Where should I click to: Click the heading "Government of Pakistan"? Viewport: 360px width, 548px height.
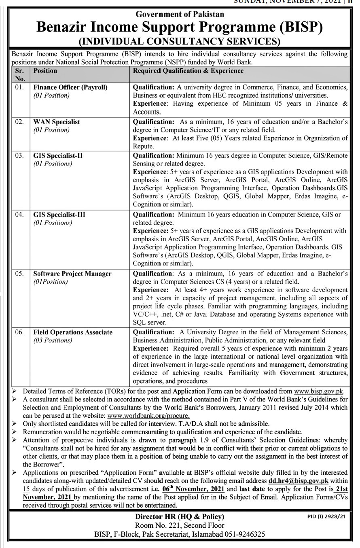point(180,14)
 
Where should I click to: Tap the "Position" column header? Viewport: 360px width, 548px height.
point(45,71)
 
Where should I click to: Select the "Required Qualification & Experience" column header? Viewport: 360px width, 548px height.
point(188,71)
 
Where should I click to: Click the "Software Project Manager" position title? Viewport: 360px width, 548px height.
point(72,274)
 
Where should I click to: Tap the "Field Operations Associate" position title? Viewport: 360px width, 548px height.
point(73,332)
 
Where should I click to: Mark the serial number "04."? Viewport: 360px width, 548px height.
point(19,215)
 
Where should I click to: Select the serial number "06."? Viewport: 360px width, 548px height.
point(19,332)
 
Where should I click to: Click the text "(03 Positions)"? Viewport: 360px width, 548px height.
point(53,340)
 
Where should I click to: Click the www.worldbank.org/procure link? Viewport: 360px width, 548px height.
point(159,416)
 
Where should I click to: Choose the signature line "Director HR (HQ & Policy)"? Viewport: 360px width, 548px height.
point(180,516)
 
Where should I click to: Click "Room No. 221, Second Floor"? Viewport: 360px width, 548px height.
point(180,525)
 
